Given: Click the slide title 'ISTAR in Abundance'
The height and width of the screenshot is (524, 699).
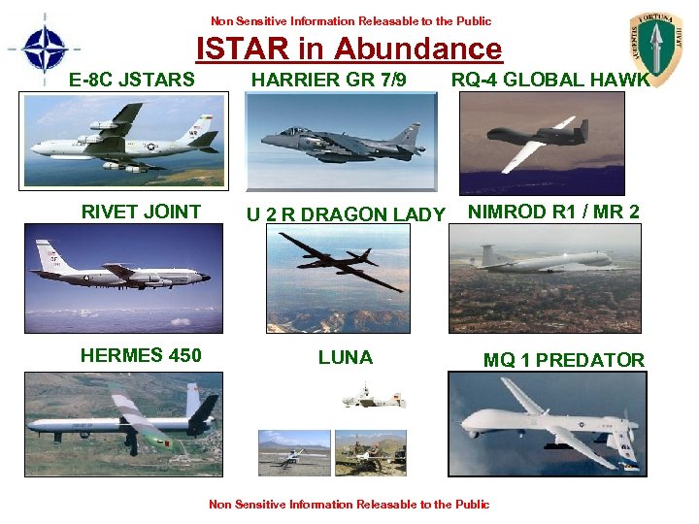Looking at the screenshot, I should pyautogui.click(x=349, y=49).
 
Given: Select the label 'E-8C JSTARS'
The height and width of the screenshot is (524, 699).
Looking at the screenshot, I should pyautogui.click(x=132, y=80).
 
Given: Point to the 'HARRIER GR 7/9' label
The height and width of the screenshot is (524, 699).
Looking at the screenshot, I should pyautogui.click(x=329, y=80).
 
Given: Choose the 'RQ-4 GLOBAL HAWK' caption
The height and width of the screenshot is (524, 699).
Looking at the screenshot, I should pyautogui.click(x=550, y=80).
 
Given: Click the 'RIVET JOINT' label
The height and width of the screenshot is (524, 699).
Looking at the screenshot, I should pyautogui.click(x=141, y=212).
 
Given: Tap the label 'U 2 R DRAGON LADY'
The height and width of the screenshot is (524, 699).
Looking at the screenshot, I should pyautogui.click(x=346, y=214).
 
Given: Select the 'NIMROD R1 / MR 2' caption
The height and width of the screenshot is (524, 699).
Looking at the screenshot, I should pyautogui.click(x=554, y=212).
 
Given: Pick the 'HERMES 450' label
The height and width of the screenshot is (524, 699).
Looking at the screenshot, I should pyautogui.click(x=141, y=355).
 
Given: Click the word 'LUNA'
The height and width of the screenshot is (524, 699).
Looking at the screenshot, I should pyautogui.click(x=346, y=357).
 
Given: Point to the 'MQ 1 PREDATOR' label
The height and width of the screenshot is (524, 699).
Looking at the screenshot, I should pyautogui.click(x=564, y=360).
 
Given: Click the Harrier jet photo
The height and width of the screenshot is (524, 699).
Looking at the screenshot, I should pyautogui.click(x=341, y=142).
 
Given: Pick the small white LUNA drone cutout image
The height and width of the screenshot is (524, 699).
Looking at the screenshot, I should pyautogui.click(x=374, y=397).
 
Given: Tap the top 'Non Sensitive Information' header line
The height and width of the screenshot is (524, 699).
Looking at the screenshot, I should pyautogui.click(x=350, y=20).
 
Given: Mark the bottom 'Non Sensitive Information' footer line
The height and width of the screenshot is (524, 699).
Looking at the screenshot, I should pyautogui.click(x=349, y=504).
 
